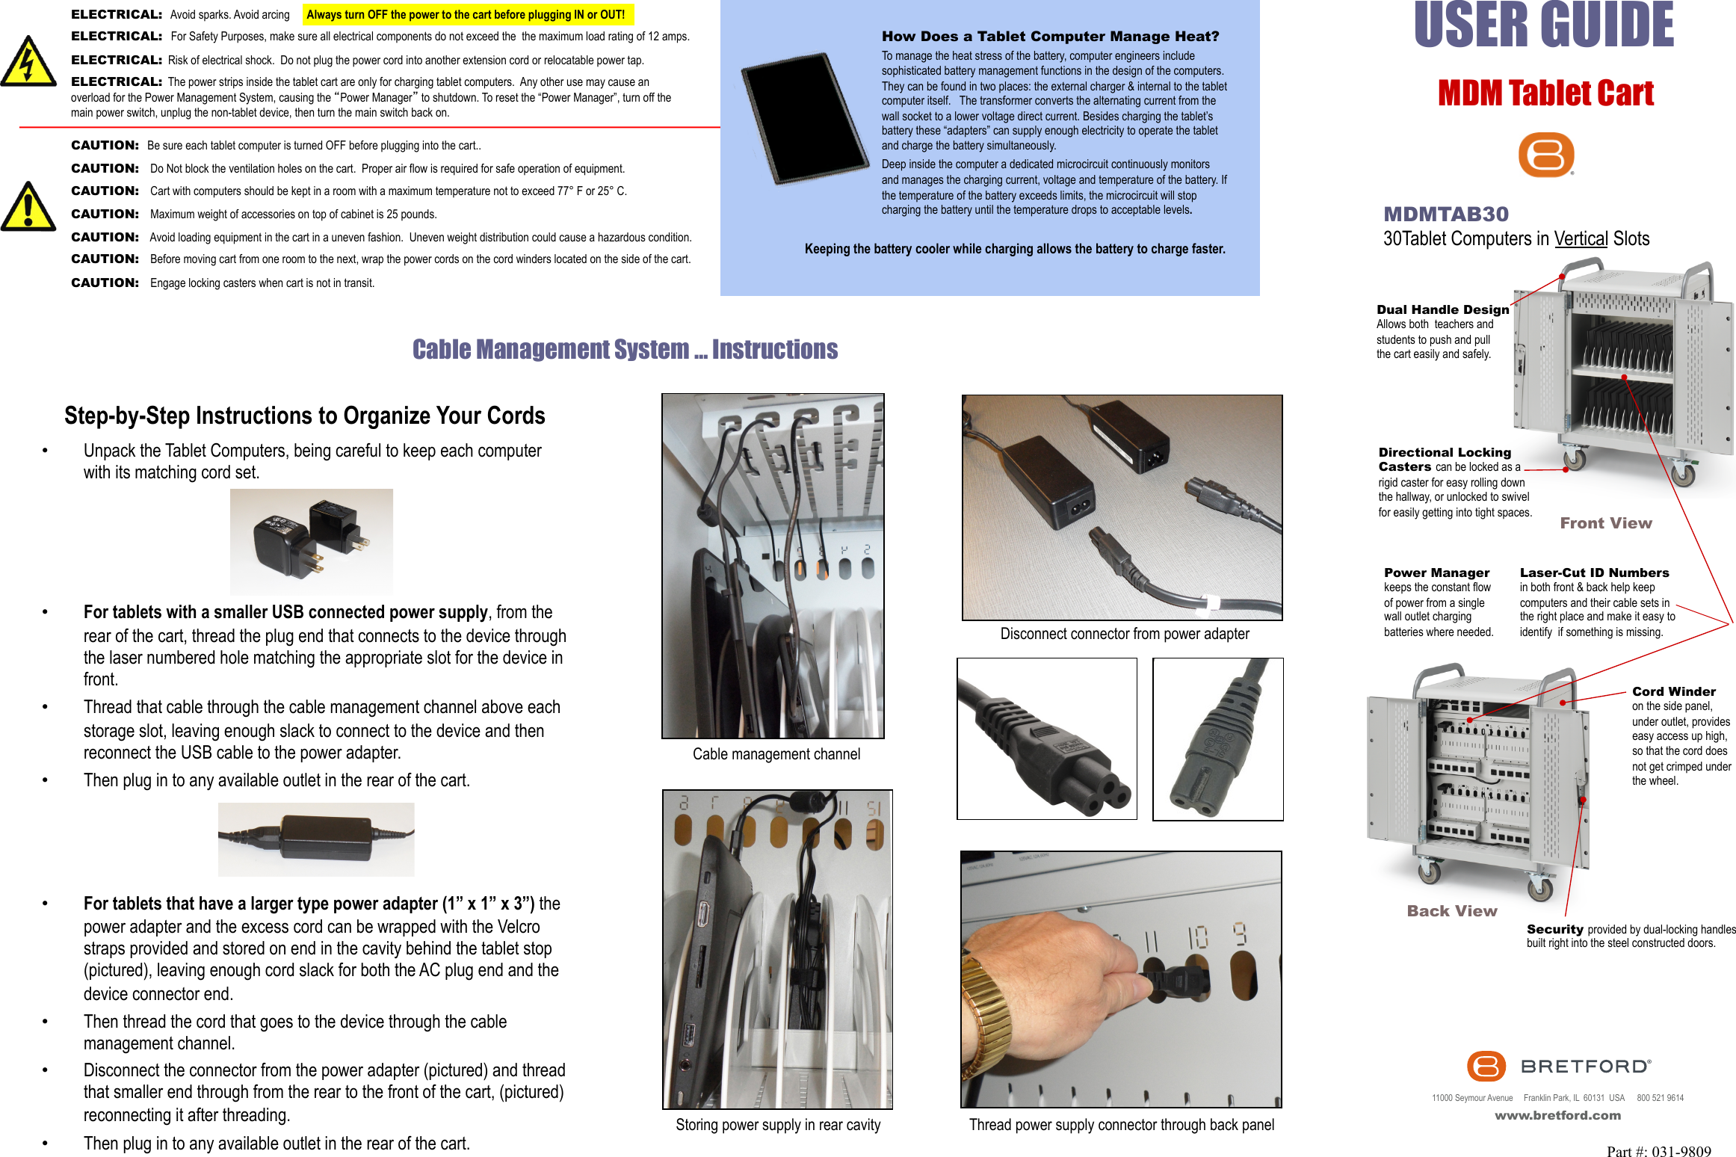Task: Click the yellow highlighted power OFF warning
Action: tap(466, 15)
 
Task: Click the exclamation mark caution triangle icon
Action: tap(28, 208)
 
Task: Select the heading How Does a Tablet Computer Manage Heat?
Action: tap(1050, 37)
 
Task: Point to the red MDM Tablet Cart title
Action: tap(1545, 93)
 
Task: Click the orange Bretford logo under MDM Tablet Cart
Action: tap(1546, 155)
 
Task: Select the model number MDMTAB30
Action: tap(1446, 215)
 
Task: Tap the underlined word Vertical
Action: tap(1581, 239)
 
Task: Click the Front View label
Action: tap(1605, 523)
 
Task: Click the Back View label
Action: tap(1451, 911)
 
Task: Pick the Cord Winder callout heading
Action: tap(1673, 692)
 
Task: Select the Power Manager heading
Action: tap(1436, 573)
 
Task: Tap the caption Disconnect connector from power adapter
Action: tap(1124, 634)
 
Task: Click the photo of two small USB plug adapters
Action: tap(311, 541)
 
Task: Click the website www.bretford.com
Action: tap(1557, 1115)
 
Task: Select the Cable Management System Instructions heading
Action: tap(625, 350)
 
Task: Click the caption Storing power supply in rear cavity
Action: tap(778, 1125)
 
